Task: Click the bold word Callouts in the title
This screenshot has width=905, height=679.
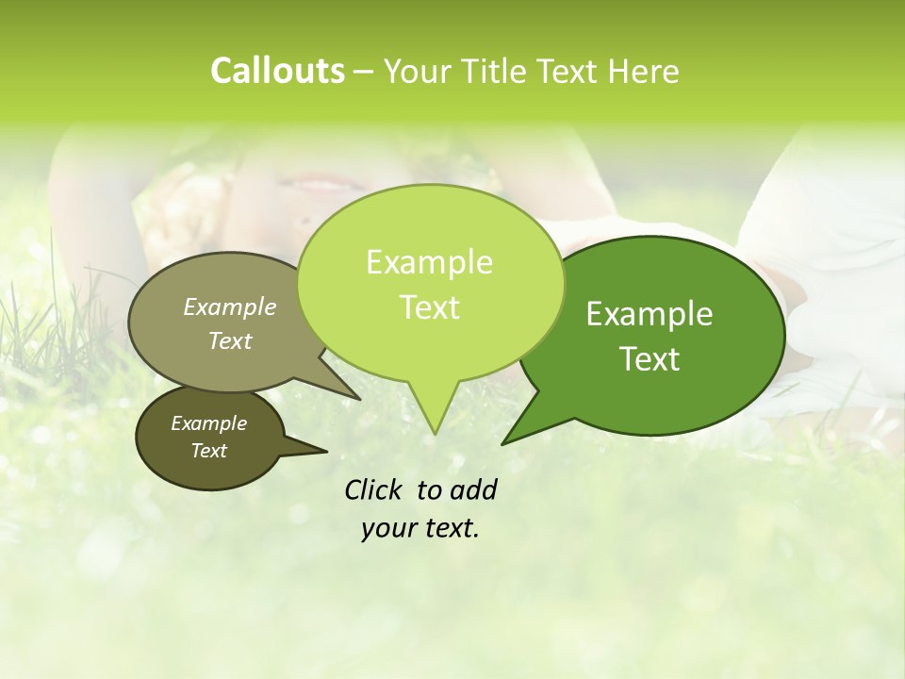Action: [x=277, y=71]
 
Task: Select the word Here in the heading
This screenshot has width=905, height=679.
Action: [x=643, y=72]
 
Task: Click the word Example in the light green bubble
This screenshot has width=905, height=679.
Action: [x=429, y=262]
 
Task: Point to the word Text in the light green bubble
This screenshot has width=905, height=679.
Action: [x=429, y=307]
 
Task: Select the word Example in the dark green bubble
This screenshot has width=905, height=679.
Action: [x=650, y=314]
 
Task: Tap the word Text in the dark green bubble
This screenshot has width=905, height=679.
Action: [x=650, y=359]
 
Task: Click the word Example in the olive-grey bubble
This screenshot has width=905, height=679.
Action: [x=230, y=306]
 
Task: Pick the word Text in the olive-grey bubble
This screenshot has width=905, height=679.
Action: [x=230, y=340]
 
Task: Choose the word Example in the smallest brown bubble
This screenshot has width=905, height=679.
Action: [x=208, y=423]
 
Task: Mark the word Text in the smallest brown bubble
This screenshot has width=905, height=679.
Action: [x=208, y=451]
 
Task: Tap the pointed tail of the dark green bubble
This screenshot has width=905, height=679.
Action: [x=506, y=440]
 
